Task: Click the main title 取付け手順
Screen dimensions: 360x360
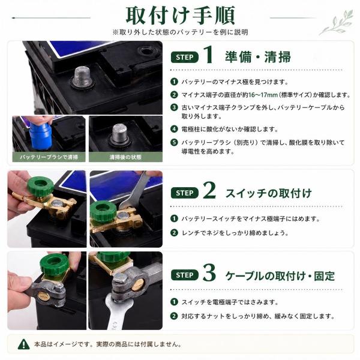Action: point(180,16)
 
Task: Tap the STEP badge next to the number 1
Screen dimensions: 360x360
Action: point(185,57)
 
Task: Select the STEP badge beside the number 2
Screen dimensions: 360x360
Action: point(185,193)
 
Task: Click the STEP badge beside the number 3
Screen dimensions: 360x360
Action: point(185,275)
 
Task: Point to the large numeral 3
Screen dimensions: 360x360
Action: point(209,272)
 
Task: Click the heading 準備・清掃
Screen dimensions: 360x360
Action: point(258,57)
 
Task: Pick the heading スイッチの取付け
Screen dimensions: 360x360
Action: point(269,193)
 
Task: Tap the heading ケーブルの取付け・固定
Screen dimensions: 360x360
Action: point(280,275)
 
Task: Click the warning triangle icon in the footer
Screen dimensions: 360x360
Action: point(23,344)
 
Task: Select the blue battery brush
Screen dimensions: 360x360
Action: point(40,136)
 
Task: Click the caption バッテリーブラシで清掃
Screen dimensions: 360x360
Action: point(49,157)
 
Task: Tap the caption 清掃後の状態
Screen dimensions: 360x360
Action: point(125,157)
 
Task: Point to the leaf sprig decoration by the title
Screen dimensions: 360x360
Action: point(337,23)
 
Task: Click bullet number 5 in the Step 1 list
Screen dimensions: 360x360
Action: point(174,142)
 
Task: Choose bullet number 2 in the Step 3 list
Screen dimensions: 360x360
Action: point(174,316)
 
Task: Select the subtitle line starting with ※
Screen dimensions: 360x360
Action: point(180,32)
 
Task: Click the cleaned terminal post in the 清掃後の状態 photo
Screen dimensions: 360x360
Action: point(119,134)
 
